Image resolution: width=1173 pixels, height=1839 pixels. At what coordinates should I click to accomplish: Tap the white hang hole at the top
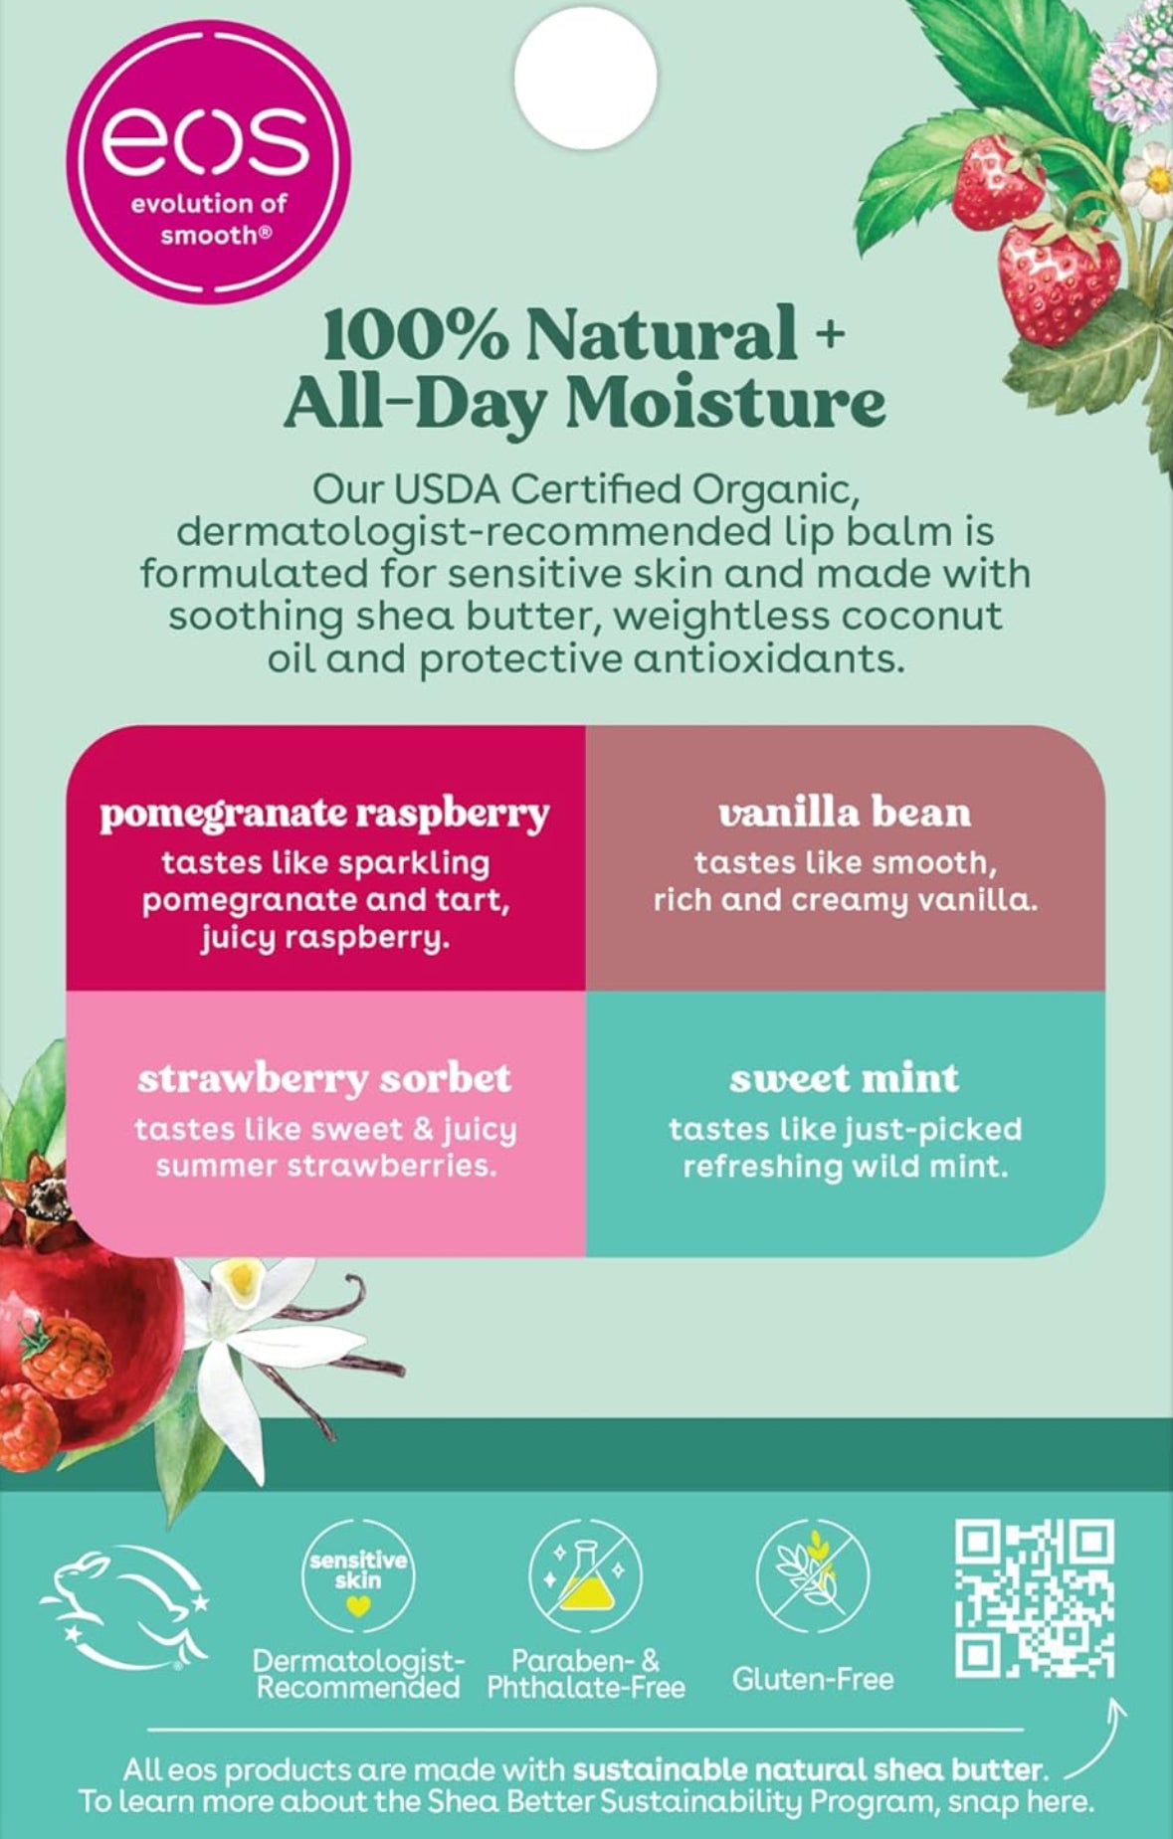[586, 78]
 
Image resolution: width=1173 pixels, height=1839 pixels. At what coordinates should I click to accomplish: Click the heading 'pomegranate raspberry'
[324, 814]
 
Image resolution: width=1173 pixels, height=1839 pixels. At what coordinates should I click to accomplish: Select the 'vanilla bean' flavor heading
[845, 813]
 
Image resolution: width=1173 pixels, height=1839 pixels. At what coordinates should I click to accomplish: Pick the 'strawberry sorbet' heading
[324, 1078]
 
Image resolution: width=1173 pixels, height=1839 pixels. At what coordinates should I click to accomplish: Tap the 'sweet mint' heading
[845, 1078]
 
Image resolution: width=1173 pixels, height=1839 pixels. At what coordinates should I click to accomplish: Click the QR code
[1035, 1598]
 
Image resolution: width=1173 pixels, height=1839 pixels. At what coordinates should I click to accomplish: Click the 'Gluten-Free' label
[813, 1679]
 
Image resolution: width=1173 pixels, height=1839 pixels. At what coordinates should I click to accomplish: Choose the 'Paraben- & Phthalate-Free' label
[586, 1674]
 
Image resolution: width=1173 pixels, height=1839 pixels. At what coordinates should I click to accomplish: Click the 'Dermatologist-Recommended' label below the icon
[358, 1674]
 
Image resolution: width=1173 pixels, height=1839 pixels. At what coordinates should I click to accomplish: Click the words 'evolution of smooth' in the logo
[209, 220]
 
